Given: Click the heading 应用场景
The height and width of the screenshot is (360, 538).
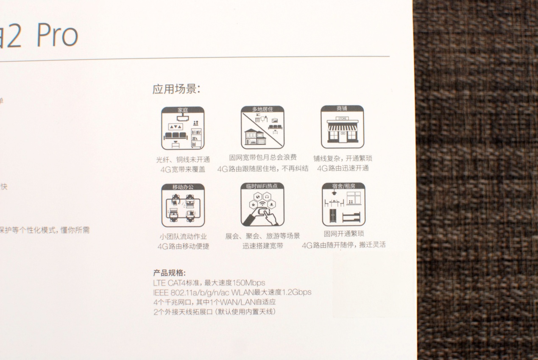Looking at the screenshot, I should click(176, 89).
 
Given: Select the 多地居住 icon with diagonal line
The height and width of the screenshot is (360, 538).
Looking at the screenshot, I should click(262, 128).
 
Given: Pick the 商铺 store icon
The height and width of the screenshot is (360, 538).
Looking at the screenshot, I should click(342, 127).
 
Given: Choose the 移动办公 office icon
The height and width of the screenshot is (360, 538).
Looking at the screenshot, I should click(183, 206).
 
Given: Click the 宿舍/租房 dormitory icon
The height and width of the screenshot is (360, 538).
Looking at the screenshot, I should click(343, 205).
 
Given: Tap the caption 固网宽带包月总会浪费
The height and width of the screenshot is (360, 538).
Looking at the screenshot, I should click(263, 158).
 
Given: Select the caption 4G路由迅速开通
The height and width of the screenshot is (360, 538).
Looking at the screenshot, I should click(343, 168).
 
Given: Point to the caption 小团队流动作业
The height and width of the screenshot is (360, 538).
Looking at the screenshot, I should click(183, 237).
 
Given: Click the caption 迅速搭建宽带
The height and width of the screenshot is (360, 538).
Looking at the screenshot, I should click(263, 246).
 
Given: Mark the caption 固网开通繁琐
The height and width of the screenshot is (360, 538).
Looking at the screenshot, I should click(343, 234).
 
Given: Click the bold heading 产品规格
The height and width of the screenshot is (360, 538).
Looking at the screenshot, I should click(169, 273).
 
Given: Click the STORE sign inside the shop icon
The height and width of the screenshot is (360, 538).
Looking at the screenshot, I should click(342, 119).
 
